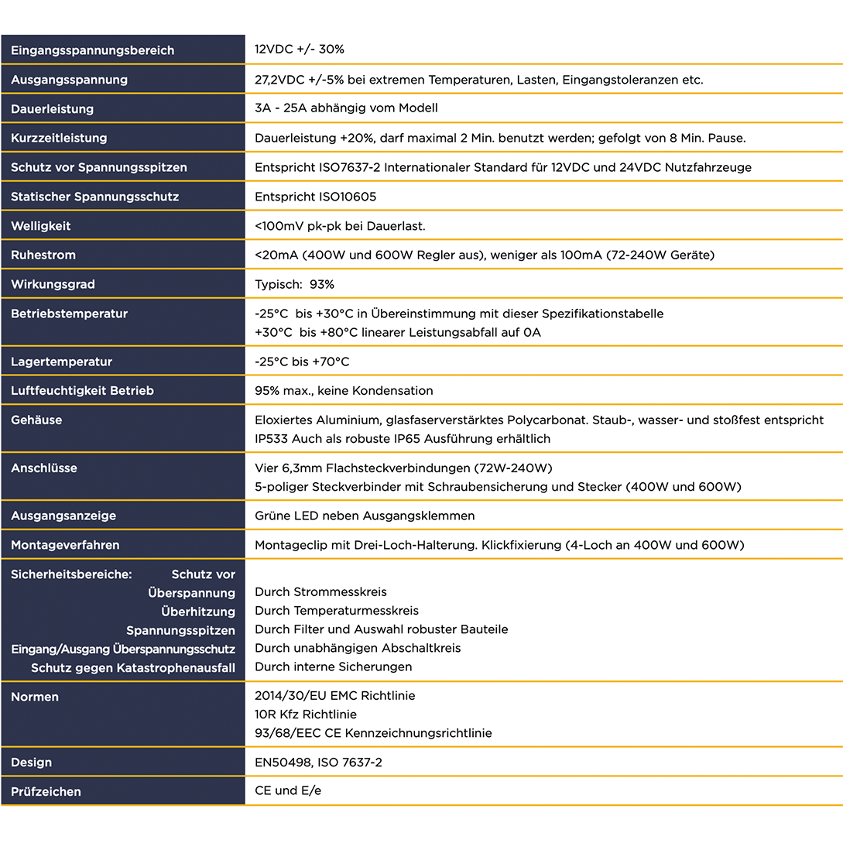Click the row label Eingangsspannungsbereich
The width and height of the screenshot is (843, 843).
(x=92, y=50)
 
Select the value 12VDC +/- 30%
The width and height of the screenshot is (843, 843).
(x=300, y=49)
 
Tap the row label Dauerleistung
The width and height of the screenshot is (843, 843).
(x=52, y=109)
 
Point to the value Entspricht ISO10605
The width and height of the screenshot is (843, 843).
(x=315, y=197)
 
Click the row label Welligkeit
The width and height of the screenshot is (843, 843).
(x=40, y=226)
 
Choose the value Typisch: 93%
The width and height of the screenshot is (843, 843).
(x=294, y=284)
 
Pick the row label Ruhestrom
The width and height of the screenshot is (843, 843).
(x=43, y=255)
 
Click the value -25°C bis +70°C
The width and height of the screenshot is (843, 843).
(x=302, y=362)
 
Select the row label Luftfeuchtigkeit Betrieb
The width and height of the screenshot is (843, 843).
(x=82, y=391)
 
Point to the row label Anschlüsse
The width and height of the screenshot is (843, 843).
(x=45, y=468)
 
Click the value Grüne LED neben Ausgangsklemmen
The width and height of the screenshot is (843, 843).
(x=365, y=516)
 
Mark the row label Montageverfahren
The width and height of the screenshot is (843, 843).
(x=65, y=545)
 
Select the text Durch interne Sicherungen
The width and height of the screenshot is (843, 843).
(x=333, y=667)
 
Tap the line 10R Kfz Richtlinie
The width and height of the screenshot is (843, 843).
(x=306, y=714)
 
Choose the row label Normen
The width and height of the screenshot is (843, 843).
(x=35, y=697)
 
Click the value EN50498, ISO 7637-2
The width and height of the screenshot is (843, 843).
(x=318, y=762)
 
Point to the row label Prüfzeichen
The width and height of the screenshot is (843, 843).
(x=46, y=792)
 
